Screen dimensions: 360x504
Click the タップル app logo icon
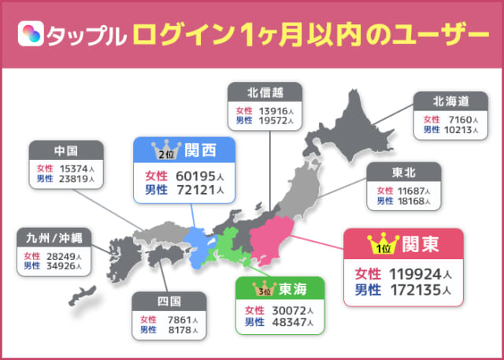point(34,35)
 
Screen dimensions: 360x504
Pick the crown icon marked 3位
point(261,288)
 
